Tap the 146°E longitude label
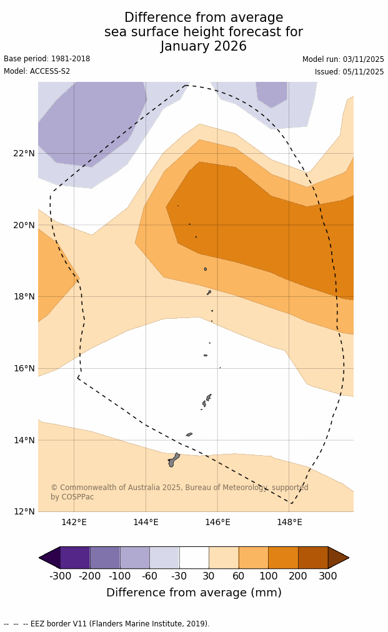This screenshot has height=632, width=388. pos(217,522)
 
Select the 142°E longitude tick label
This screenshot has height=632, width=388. pos(74,522)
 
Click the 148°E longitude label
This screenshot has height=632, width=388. pos(289,522)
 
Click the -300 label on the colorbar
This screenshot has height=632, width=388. pos(61,576)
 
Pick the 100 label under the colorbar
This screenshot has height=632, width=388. pos(268,576)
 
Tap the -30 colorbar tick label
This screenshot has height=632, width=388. pos(179,576)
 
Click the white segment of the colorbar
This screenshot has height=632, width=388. pos(194,558)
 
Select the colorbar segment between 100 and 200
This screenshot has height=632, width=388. pos(283,558)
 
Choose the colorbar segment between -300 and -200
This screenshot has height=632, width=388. pos(75,558)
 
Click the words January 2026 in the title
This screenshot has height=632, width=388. pos(204,46)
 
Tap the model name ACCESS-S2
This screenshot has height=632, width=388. pos(50,71)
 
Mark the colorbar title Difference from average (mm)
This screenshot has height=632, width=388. pos(194,593)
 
